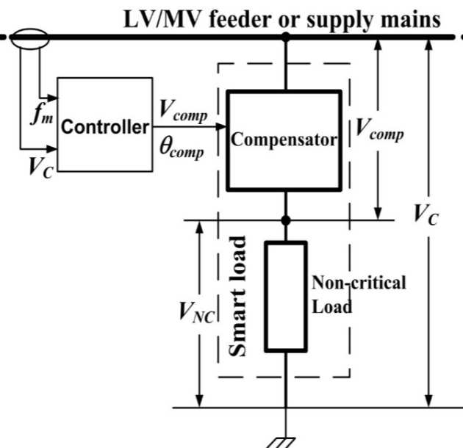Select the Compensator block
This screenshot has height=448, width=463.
pyautogui.click(x=284, y=137)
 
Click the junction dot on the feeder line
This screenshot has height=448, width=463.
pyautogui.click(x=287, y=35)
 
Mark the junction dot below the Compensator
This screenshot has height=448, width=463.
pyautogui.click(x=287, y=220)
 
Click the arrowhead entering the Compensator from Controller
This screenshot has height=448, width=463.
pyautogui.click(x=223, y=126)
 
